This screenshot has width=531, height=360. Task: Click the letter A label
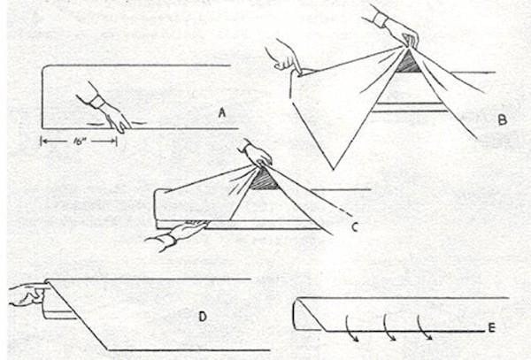[222, 112]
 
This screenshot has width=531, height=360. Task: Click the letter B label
[503, 119]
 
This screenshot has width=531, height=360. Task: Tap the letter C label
[355, 227]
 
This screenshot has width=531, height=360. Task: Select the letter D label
[203, 317]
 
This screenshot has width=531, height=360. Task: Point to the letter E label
[492, 327]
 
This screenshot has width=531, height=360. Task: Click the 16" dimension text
[79, 142]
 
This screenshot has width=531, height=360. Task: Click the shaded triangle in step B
[408, 63]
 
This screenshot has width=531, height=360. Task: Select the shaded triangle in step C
[264, 180]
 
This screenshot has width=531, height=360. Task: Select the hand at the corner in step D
[29, 295]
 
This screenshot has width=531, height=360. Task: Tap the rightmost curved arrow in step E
[424, 327]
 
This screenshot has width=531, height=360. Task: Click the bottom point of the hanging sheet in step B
[334, 169]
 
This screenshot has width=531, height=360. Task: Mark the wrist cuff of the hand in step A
[96, 102]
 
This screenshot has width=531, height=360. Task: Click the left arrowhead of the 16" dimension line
[43, 142]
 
